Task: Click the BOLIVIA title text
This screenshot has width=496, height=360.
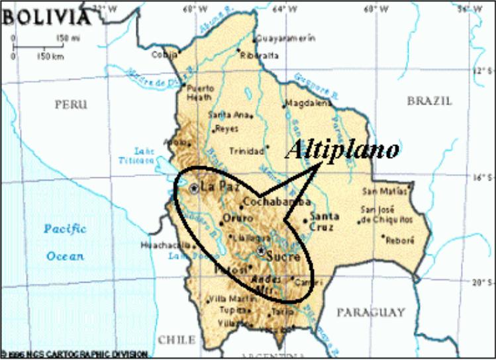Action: click(44, 15)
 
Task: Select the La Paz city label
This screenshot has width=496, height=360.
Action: click(217, 187)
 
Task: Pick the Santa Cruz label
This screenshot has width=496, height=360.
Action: click(324, 220)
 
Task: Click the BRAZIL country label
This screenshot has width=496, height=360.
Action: click(429, 101)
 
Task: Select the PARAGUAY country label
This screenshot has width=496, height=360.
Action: click(370, 311)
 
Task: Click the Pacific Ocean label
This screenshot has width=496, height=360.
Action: click(65, 242)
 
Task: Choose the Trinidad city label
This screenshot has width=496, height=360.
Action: click(246, 152)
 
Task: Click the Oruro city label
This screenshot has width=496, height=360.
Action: click(237, 218)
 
